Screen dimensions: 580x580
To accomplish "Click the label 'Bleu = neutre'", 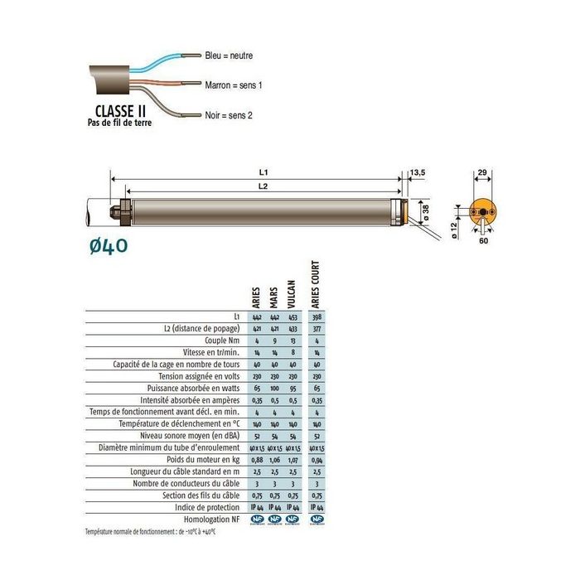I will tap(229, 56).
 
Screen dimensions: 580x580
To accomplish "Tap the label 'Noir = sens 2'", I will tap(229, 115).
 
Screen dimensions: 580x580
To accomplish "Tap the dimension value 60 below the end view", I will tap(483, 244).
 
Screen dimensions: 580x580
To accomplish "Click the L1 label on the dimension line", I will tap(263, 172).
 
